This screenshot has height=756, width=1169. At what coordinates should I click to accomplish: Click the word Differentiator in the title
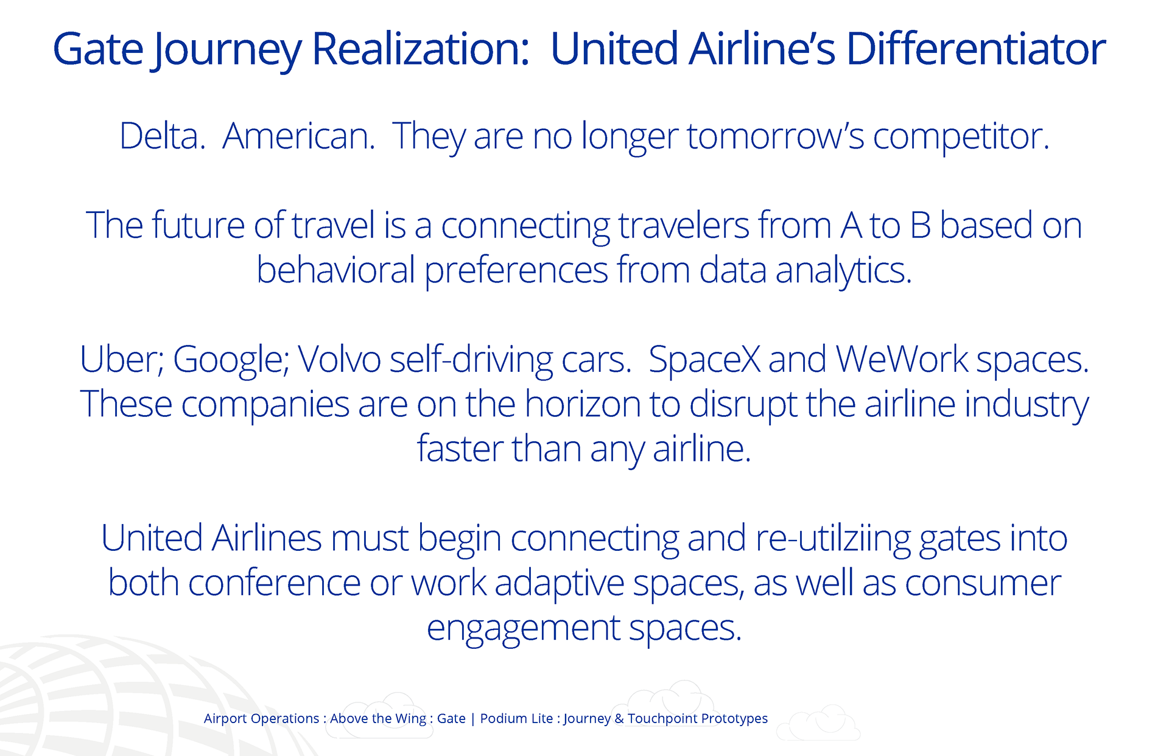pos(976,49)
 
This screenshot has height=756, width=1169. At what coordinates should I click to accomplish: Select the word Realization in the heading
pos(421,49)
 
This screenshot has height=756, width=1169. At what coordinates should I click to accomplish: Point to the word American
pos(299,136)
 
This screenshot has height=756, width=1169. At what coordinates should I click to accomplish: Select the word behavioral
pos(335,270)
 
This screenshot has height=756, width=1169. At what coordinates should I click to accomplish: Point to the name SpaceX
pos(704,360)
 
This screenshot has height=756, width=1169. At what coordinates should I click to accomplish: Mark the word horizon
pos(583,404)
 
